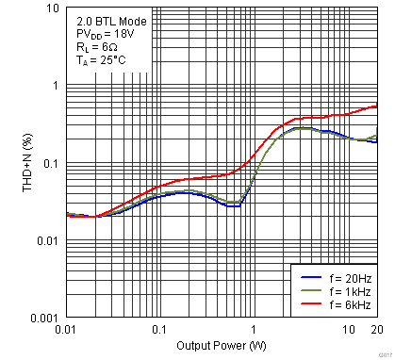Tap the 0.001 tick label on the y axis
pyautogui.click(x=42, y=319)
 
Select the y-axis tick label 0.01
pyautogui.click(x=46, y=241)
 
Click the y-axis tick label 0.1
pyautogui.click(x=49, y=164)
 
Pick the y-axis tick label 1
pyautogui.click(x=55, y=86)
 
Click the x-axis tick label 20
pyautogui.click(x=376, y=330)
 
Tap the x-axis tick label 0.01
pyautogui.click(x=66, y=330)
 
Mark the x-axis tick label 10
pyautogui.click(x=348, y=330)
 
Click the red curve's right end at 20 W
pyautogui.click(x=376, y=106)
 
